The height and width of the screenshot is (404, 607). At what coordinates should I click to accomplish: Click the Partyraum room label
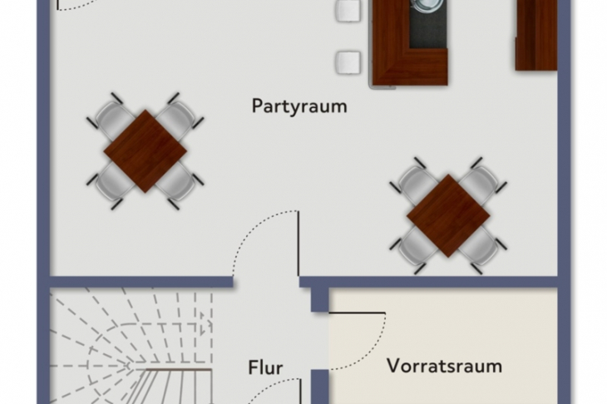[x=299, y=106]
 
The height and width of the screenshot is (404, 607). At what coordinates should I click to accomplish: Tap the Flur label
[x=265, y=367]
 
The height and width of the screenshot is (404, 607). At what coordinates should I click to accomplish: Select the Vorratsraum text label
[x=444, y=366]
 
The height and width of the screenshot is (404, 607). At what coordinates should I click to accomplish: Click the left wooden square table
[x=146, y=151]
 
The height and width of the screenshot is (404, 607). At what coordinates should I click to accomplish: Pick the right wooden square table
[x=448, y=215]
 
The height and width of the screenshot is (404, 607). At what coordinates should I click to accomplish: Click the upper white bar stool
[x=348, y=11]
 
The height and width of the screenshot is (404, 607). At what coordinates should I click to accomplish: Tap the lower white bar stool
[x=348, y=62]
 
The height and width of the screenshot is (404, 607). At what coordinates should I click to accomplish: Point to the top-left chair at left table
[x=112, y=118]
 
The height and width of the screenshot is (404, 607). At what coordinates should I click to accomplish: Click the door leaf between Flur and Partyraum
[x=298, y=244]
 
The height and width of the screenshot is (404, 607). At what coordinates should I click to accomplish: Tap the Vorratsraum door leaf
[x=357, y=313]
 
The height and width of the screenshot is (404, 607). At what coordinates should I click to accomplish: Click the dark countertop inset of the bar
[x=428, y=23]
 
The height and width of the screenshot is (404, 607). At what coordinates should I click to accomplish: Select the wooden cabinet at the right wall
[x=536, y=35]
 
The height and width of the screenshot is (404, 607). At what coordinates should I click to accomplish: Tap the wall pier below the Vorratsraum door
[x=320, y=387]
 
